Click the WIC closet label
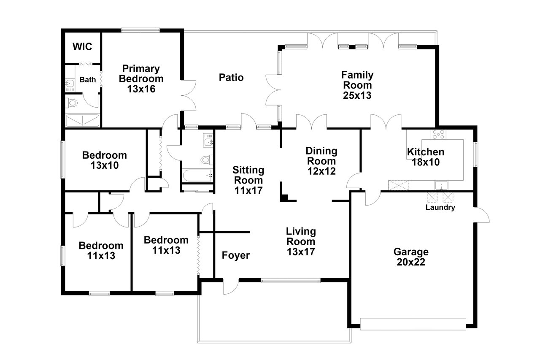pos(82,46)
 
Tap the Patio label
pos(231,77)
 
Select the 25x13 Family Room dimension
pos(357,95)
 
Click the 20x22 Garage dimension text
pos(411,262)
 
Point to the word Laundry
pos(440,207)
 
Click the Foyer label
pos(236,255)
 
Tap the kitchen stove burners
pos(438,135)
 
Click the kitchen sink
pos(441,185)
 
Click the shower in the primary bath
pos(82,120)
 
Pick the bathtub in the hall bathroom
pos(197,175)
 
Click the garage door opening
pos(413,324)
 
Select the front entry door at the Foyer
pos(231,287)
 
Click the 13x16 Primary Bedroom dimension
pos(141,89)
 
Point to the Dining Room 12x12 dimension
pos(321,171)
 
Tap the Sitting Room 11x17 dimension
pos(248,190)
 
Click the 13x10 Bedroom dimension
pos(105,165)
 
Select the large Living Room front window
pos(291,280)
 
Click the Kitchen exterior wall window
pos(475,154)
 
